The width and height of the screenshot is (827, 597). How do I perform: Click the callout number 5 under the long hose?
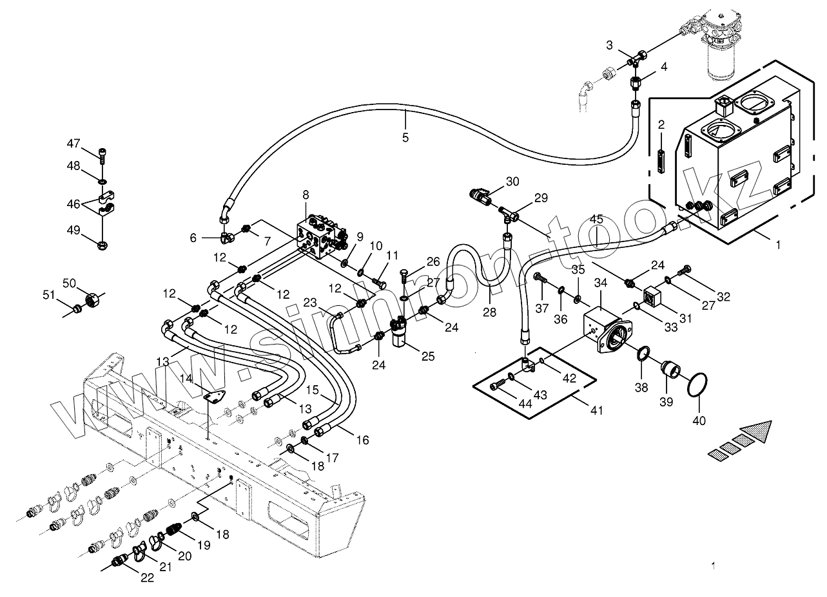[405, 138]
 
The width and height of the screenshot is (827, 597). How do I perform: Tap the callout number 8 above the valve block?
[306, 194]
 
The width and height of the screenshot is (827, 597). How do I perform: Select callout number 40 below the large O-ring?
[699, 421]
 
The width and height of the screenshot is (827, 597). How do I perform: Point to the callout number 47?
[73, 143]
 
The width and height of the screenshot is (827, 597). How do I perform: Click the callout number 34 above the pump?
[601, 283]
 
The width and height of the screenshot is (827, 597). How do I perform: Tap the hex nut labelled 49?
[102, 245]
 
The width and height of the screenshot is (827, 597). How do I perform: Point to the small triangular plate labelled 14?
[215, 396]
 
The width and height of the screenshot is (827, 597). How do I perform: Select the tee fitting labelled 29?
[509, 214]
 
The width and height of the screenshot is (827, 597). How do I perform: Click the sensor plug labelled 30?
[480, 196]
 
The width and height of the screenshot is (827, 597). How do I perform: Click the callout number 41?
[597, 410]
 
